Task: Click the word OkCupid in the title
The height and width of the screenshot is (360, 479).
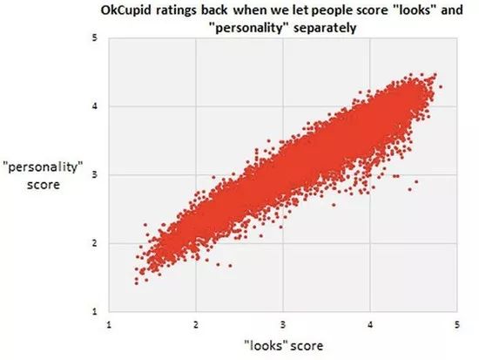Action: [126, 10]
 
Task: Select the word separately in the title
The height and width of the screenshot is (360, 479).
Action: [325, 28]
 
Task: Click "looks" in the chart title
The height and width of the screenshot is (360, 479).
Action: [414, 10]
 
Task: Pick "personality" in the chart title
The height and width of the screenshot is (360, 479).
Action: [251, 28]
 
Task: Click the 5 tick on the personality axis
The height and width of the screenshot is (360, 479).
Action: [95, 38]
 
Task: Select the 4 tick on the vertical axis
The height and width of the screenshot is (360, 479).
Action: [95, 106]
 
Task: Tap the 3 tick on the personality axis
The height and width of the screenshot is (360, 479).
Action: [95, 175]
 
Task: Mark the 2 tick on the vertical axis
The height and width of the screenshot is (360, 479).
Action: [95, 243]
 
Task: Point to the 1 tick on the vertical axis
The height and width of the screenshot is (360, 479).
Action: [95, 312]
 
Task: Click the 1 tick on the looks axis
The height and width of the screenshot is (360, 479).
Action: [109, 324]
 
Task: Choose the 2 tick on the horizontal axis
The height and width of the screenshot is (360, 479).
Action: [196, 324]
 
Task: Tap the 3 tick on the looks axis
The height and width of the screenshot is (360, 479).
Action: [283, 324]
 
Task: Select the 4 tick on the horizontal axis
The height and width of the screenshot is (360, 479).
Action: [370, 324]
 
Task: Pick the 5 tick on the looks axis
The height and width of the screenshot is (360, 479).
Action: [457, 324]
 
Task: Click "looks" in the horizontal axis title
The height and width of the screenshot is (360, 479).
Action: [267, 346]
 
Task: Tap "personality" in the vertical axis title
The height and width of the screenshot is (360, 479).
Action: [44, 167]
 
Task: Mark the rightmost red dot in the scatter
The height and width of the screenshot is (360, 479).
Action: [440, 87]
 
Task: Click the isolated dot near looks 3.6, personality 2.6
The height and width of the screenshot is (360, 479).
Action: [334, 205]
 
